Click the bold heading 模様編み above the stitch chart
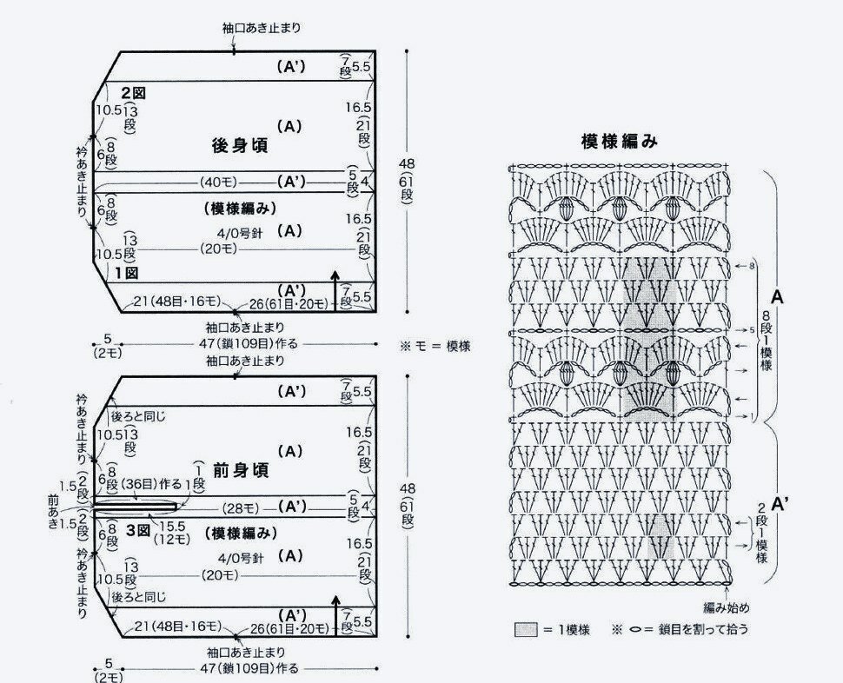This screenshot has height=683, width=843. point(621,142)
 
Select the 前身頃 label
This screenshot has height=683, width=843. point(241,471)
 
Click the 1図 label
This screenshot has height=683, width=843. point(128,272)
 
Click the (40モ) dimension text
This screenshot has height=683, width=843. point(216,182)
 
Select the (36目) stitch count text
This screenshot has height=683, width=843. point(139,483)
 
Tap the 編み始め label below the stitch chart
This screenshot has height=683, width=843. point(728,607)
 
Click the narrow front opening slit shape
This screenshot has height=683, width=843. point(136,505)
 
